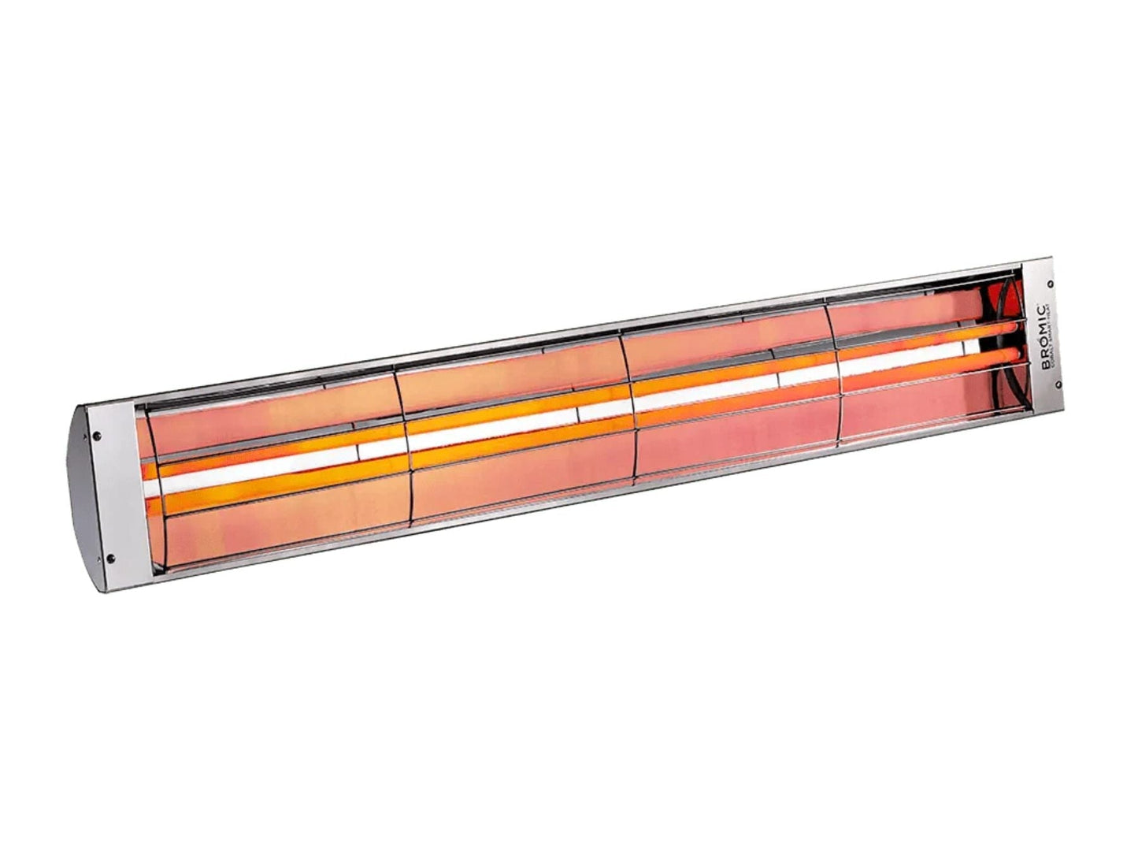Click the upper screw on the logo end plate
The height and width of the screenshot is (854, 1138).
click(1051, 284)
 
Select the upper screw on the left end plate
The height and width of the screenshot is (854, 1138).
click(96, 433)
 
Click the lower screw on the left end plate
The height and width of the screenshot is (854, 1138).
click(110, 559)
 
